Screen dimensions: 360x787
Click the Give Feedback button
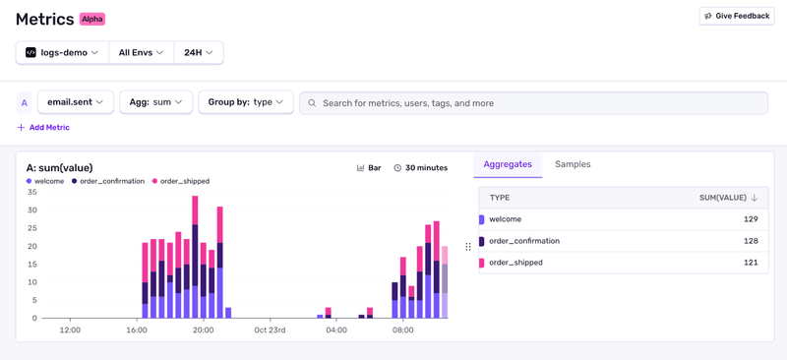pos(737,16)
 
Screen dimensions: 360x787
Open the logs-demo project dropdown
pos(62,52)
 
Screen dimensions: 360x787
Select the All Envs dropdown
pos(141,52)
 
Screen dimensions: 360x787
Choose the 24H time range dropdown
pos(198,52)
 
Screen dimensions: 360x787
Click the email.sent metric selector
pos(76,102)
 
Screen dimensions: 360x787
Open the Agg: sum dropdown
pos(155,102)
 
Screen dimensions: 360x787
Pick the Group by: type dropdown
pos(246,102)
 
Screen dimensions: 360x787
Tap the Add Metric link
pos(43,128)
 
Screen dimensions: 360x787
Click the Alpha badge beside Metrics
pos(92,19)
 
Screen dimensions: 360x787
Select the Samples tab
pos(573,164)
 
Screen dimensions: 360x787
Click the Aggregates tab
pos(508,164)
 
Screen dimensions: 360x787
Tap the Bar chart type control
pos(369,168)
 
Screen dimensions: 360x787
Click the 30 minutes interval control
pos(421,168)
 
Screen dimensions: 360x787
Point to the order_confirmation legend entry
pos(111,181)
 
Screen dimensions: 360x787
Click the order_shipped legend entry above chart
pos(184,181)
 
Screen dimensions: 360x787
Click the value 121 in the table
pos(751,263)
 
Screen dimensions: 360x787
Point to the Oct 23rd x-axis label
pos(270,330)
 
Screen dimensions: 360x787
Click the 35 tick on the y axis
pos(31,192)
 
